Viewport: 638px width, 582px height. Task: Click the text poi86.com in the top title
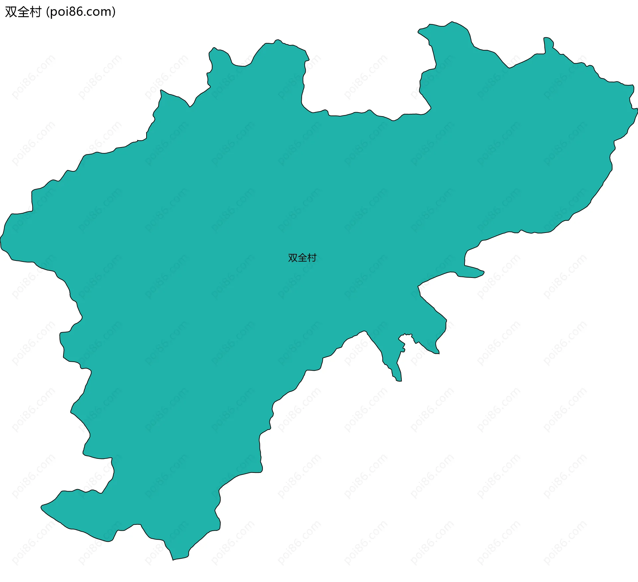81,12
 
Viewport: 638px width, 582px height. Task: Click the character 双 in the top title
11,12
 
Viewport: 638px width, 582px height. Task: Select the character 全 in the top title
23,12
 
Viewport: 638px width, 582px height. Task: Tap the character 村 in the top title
35,12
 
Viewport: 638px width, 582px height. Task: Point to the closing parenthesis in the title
114,12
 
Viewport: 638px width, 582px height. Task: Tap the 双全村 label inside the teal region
302,258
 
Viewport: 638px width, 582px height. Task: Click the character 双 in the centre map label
293,258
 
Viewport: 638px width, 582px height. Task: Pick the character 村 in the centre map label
312,258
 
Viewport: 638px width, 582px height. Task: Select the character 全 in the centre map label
302,258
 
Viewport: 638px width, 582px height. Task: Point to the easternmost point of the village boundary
637,110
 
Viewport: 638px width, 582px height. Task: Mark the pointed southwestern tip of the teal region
42,507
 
